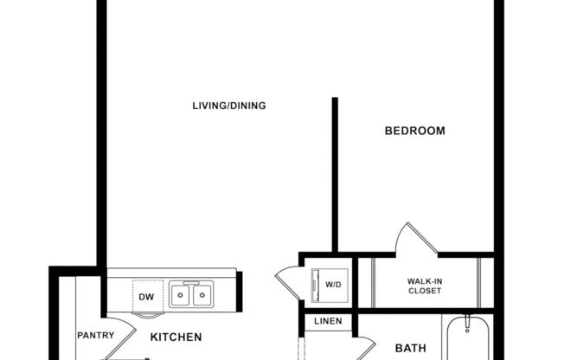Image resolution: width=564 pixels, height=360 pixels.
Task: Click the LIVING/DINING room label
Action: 228,106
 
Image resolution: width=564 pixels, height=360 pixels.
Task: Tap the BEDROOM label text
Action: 414,132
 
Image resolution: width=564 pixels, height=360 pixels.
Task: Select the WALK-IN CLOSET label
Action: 424,286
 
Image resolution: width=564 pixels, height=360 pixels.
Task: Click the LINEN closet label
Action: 328,322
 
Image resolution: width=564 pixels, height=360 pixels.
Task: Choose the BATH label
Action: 410,349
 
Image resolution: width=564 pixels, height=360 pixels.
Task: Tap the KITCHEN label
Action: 176,337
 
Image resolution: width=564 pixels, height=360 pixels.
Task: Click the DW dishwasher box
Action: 146,296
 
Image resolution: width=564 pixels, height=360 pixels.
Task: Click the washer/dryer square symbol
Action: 330,282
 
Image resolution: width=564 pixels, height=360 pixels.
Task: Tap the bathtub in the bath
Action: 467,342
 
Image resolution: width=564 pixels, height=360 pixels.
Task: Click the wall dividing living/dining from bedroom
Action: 335,173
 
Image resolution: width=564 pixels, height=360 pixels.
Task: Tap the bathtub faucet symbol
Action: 467,326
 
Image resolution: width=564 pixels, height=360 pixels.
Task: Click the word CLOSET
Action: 424,291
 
